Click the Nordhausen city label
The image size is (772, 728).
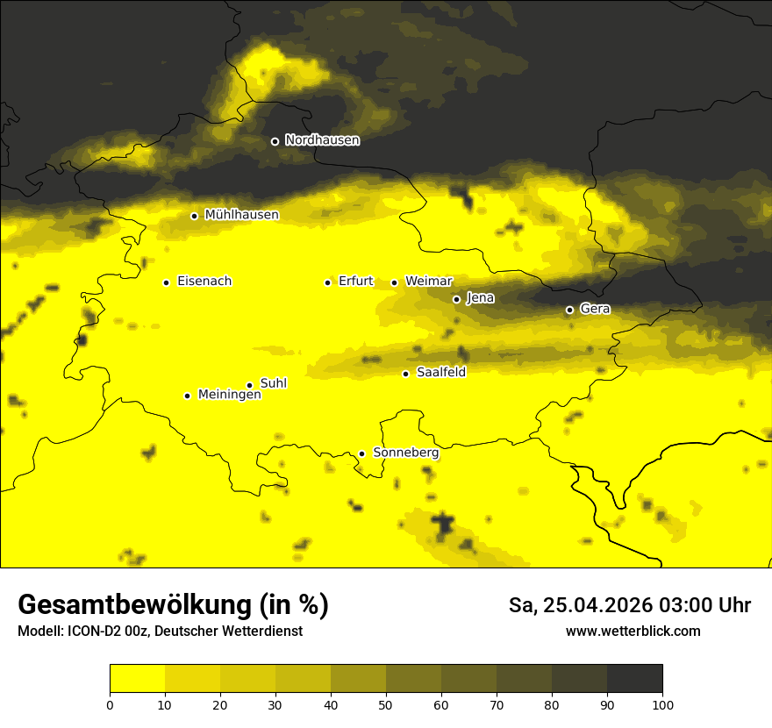point(322,140)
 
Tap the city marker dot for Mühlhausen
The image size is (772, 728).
point(194,216)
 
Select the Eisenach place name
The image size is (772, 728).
point(204,282)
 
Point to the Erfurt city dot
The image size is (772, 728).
point(327,282)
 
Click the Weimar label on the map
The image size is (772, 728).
point(429,282)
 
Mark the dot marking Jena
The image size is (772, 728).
point(456,299)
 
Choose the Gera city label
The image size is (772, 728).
point(595,309)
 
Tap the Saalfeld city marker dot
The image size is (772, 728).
point(405,374)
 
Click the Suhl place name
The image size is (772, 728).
point(274,383)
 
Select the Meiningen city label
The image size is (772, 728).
point(230,395)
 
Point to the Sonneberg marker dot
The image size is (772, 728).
point(361,453)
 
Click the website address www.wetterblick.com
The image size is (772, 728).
point(633,631)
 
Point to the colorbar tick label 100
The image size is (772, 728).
point(662,704)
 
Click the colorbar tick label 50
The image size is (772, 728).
point(386,704)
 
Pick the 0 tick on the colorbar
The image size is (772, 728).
point(110,704)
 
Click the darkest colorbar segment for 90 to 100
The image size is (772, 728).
point(634,679)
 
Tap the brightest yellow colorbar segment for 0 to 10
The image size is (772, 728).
point(137,679)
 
